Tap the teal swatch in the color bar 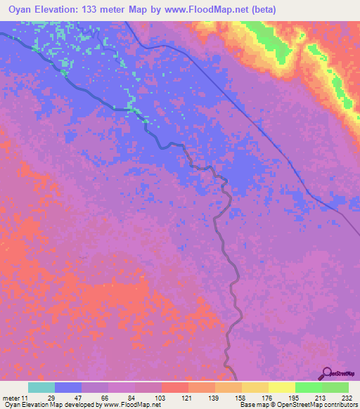pyautogui.click(x=41, y=387)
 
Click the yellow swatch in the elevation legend pyautogui.click(x=282, y=387)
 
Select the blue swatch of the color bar pyautogui.click(x=68, y=387)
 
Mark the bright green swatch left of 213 pyautogui.click(x=309, y=387)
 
